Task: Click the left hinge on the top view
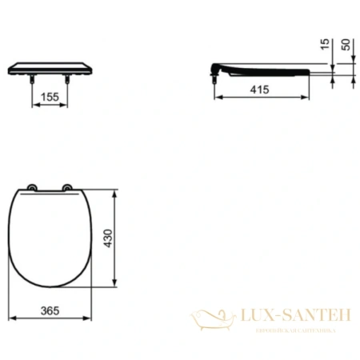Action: (x=32, y=190)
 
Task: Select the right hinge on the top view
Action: (x=68, y=190)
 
